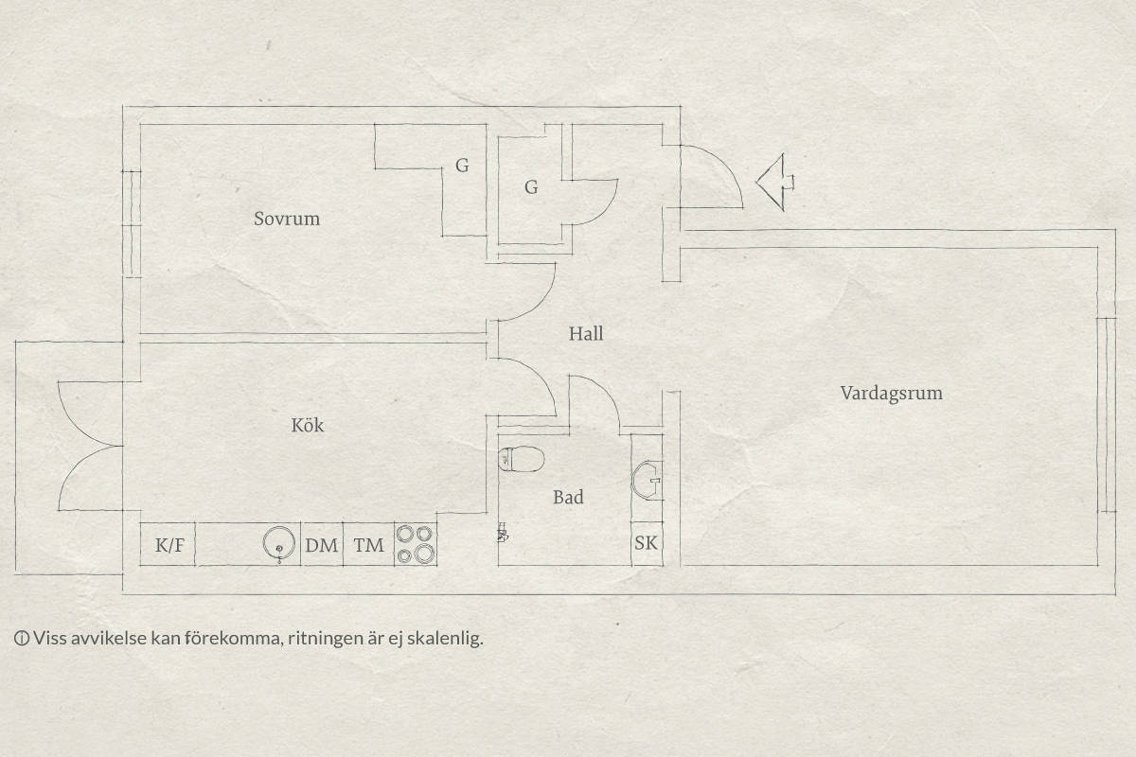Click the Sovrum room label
[x=287, y=219]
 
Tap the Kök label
[x=308, y=425]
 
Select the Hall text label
[x=586, y=334]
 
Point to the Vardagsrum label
[x=891, y=394]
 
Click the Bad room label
[x=568, y=497]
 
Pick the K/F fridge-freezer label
[x=169, y=545]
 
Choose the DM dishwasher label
[x=322, y=545]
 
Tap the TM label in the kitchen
[x=368, y=545]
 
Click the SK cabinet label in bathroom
[x=646, y=543]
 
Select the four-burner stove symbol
[x=416, y=544]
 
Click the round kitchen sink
[x=279, y=543]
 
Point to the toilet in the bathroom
[x=522, y=459]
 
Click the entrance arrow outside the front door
[x=775, y=182]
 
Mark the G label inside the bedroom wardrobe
[x=462, y=166]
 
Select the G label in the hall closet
[x=531, y=187]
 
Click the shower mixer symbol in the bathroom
[x=503, y=533]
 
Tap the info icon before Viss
[x=21, y=639]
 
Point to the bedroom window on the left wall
[x=132, y=223]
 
